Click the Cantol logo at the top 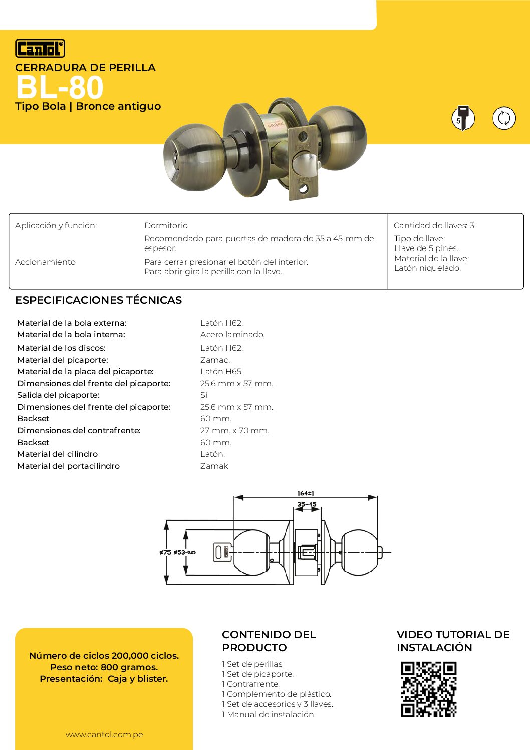(40, 48)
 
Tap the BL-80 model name (60, 88)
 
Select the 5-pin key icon (463, 118)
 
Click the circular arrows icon (504, 118)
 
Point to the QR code (428, 689)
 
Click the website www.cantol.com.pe (104, 734)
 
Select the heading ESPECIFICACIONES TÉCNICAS (99, 300)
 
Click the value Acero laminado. (232, 334)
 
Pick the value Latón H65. (221, 371)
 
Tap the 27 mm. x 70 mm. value (234, 430)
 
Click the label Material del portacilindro (69, 466)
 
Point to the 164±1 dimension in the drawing (306, 493)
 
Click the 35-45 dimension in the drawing (307, 504)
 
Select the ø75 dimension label (165, 552)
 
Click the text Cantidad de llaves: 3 (434, 225)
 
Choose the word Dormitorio (166, 225)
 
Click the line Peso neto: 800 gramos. (104, 667)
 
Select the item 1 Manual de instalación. (269, 714)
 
